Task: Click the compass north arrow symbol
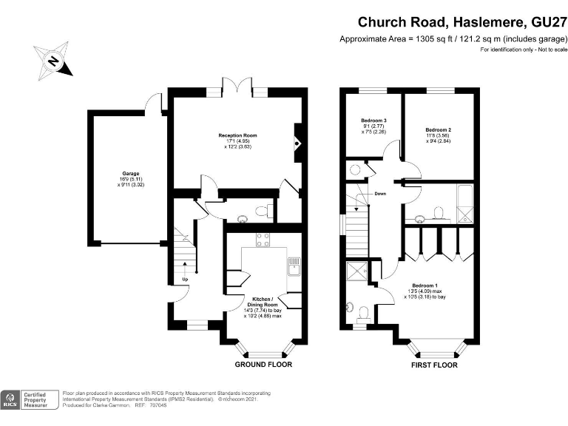coord(53,59)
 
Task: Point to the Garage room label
coord(131,174)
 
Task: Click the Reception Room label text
coord(237,136)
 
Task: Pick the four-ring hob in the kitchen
coord(263,240)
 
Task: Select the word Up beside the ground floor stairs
coord(185,279)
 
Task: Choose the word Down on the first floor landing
coord(380,194)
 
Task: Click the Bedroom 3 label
coord(374,121)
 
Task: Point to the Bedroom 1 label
coord(425,285)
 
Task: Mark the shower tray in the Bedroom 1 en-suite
coord(356,271)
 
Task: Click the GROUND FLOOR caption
coord(263,365)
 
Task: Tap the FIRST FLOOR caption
coord(434,365)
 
